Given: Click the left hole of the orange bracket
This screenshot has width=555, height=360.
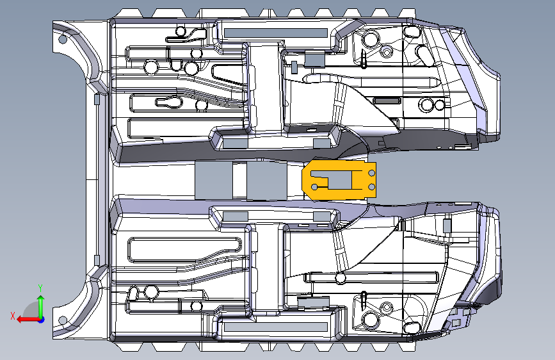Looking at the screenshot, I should click(314, 187).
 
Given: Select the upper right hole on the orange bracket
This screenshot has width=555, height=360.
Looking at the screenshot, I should click(373, 172).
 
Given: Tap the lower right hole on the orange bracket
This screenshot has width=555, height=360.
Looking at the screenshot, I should click(373, 186).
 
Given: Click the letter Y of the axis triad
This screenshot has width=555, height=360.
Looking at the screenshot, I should click(40, 288).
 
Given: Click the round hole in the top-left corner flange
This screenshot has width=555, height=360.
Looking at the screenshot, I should click(63, 40).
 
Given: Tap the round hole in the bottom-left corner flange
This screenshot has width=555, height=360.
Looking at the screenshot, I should click(63, 320).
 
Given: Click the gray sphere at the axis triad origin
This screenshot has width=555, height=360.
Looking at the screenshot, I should click(40, 319).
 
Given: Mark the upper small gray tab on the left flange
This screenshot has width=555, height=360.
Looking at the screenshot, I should click(97, 100).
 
